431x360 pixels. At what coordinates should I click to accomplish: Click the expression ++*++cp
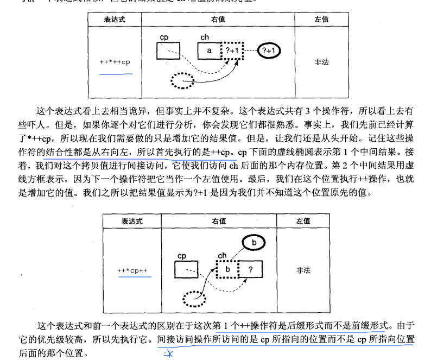coord(115,61)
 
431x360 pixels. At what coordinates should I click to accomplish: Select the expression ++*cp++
coord(132,270)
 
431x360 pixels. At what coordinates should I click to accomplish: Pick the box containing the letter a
coord(210,51)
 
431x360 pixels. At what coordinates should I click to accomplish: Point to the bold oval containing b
coord(253,243)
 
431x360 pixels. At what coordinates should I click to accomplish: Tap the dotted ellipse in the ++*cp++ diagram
coord(195,298)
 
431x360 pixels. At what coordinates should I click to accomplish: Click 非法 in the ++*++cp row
coord(321,62)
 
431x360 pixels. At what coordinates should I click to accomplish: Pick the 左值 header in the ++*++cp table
coord(321,19)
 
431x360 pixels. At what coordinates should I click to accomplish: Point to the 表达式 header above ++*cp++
coord(132,221)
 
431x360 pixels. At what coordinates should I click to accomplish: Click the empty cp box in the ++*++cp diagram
coord(168,50)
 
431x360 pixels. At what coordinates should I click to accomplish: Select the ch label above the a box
coord(205,37)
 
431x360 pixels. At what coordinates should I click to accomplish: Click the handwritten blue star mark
coord(168,355)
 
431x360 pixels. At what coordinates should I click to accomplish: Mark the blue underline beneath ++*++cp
coord(115,72)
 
